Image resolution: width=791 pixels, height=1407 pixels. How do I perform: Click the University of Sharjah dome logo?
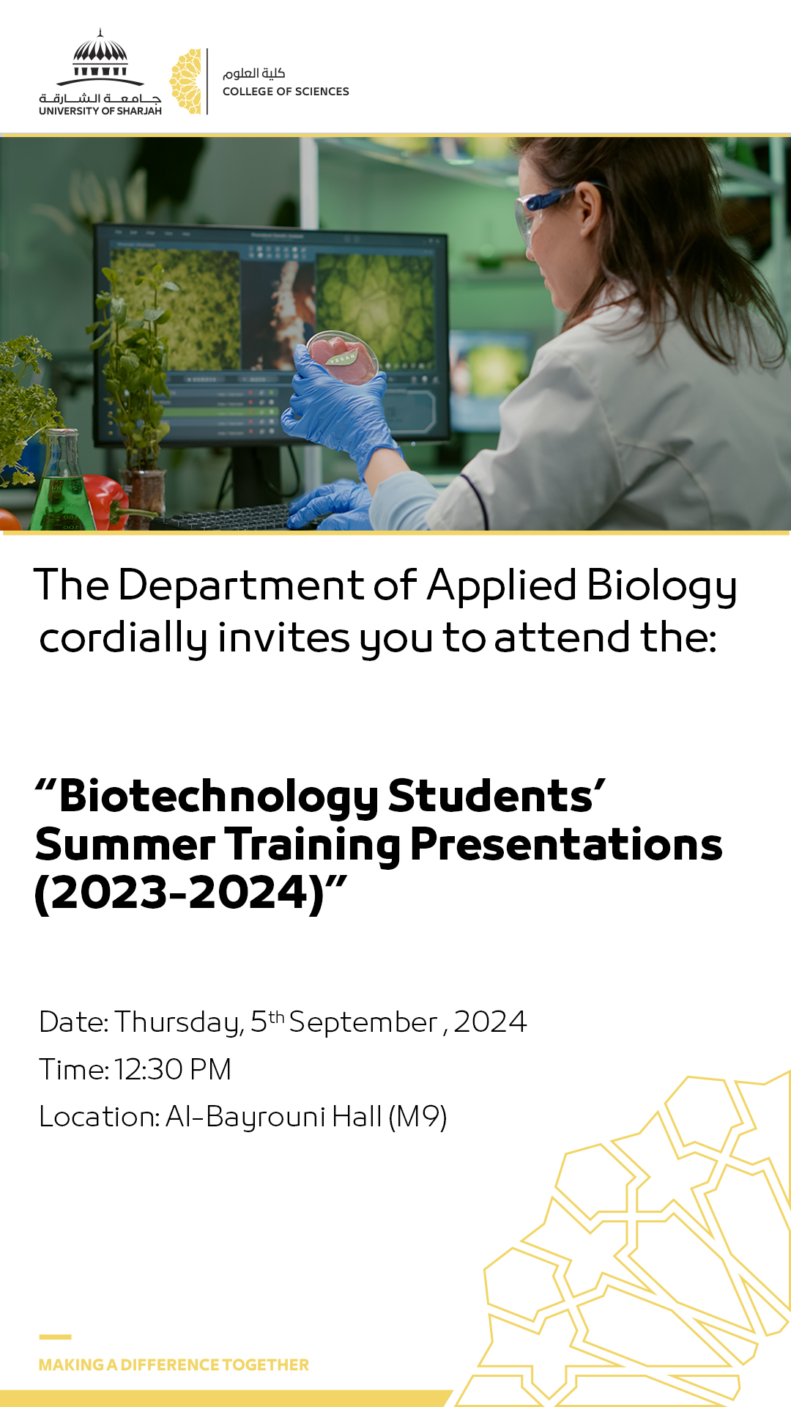(100, 72)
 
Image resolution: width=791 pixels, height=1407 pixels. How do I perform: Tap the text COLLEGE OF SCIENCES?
(286, 92)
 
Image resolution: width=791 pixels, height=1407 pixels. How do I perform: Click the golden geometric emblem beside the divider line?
(186, 81)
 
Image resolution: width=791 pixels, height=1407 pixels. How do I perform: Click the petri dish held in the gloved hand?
(343, 358)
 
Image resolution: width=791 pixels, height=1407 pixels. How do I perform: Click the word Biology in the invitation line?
(661, 587)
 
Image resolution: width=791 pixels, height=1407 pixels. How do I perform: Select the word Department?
(241, 587)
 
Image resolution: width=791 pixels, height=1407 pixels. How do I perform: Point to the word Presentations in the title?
(566, 844)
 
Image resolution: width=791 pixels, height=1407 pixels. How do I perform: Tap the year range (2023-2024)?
(179, 893)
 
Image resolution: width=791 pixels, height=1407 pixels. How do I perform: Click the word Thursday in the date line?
(179, 1023)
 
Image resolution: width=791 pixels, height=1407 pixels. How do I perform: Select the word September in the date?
(363, 1023)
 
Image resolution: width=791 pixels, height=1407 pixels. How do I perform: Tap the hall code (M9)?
(417, 1118)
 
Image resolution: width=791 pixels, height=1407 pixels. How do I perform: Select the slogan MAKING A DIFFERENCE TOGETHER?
(174, 1364)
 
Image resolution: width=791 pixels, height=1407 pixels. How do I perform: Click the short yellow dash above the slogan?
(55, 1337)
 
